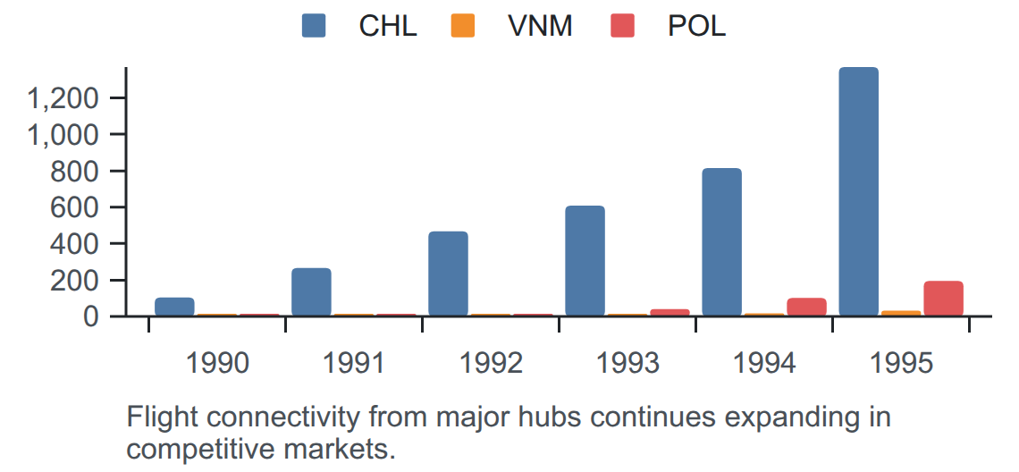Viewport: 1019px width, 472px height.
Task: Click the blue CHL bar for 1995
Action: [x=858, y=192]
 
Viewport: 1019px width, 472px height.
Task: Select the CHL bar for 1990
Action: [x=174, y=307]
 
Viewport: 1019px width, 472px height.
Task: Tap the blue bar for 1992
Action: [x=449, y=274]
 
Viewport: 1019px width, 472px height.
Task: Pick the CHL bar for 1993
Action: [x=585, y=261]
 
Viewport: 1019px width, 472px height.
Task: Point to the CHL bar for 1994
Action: [x=722, y=242]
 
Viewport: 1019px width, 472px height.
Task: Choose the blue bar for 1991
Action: [x=311, y=292]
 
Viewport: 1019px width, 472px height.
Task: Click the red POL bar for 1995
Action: [x=944, y=299]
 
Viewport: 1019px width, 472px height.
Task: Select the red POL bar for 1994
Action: [x=806, y=307]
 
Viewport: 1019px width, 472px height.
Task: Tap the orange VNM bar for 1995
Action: [x=901, y=314]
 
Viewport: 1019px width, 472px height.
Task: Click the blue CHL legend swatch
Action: [x=314, y=26]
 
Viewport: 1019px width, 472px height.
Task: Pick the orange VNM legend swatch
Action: [x=463, y=26]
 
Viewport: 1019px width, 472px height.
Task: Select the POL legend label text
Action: [x=696, y=26]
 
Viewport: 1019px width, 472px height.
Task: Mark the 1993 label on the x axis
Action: [x=627, y=364]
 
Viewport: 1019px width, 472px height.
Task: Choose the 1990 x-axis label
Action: [x=217, y=364]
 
